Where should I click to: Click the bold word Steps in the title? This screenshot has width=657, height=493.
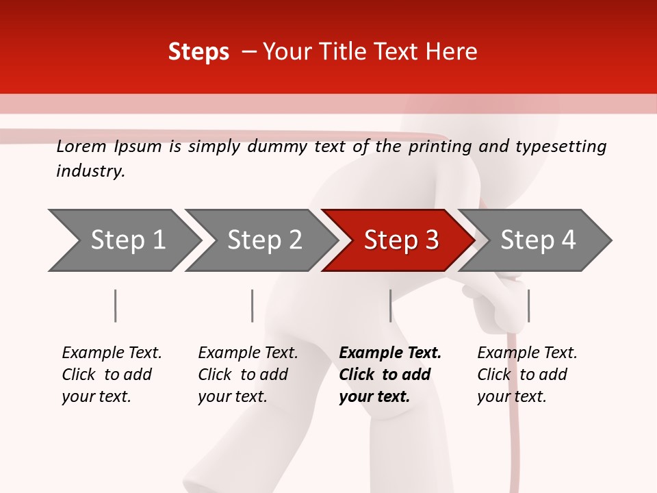(198, 52)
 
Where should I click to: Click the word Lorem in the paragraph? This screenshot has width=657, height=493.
(81, 147)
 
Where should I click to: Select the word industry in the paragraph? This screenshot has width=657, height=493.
(90, 171)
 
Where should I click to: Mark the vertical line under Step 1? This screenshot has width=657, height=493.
(116, 305)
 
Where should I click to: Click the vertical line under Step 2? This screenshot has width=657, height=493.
(253, 305)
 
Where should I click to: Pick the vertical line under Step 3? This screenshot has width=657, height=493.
(390, 305)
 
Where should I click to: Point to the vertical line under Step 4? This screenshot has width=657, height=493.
(528, 305)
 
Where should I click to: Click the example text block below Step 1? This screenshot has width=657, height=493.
(112, 375)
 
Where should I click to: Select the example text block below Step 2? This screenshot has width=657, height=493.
(248, 375)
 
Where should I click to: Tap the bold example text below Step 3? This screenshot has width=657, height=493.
(390, 375)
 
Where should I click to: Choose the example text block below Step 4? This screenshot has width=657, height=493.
(527, 375)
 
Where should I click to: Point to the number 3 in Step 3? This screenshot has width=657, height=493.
(431, 240)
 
